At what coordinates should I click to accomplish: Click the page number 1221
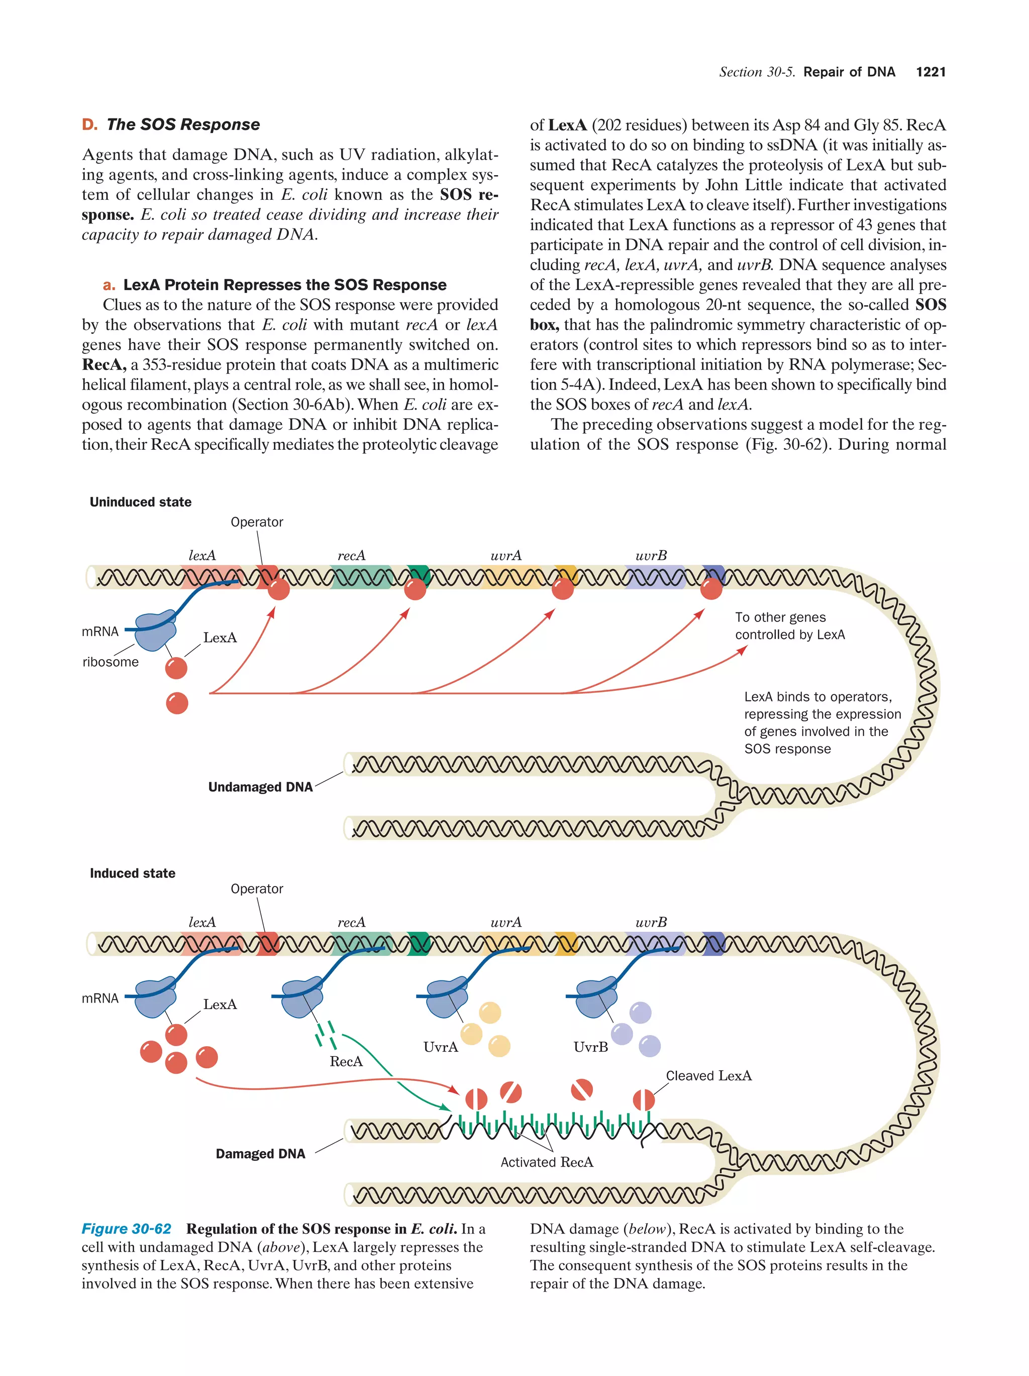click(x=930, y=72)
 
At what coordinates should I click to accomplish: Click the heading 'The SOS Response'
click(x=182, y=124)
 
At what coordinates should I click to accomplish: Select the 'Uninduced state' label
click(x=140, y=502)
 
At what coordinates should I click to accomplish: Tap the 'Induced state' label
click(x=132, y=873)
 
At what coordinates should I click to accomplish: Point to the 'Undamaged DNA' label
click(x=260, y=787)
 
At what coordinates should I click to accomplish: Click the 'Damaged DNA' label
click(x=260, y=1154)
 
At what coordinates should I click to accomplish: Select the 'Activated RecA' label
click(x=546, y=1162)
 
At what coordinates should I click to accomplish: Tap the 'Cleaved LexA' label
click(x=708, y=1075)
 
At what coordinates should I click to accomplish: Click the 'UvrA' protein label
click(x=440, y=1047)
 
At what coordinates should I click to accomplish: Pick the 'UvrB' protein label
click(x=590, y=1047)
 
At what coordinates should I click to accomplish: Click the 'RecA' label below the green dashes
click(x=346, y=1061)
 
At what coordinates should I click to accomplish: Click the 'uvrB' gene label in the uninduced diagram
click(x=651, y=556)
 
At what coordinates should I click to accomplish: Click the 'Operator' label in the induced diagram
click(x=256, y=889)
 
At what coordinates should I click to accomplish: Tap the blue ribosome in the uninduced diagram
click(x=155, y=630)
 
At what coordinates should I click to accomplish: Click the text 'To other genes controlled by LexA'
click(x=789, y=626)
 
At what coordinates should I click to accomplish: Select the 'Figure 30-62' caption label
click(x=127, y=1228)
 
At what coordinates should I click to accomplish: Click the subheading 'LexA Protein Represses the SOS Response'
click(x=284, y=285)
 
